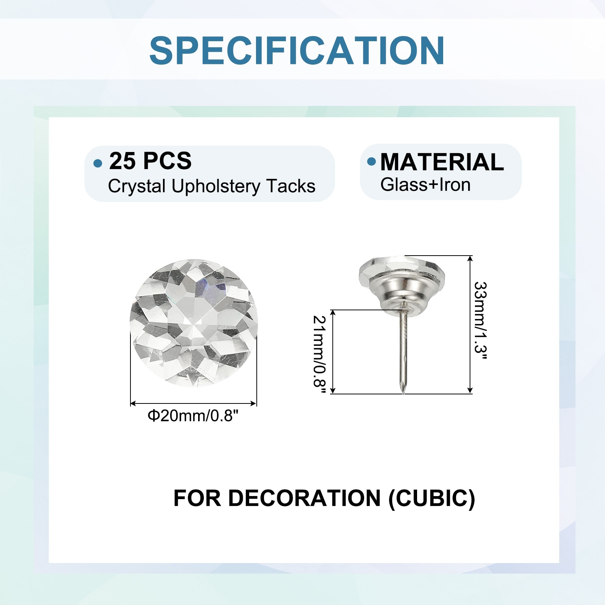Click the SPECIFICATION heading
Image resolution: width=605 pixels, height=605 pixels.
pos(297,51)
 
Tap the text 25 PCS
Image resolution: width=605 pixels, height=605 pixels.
pos(150,161)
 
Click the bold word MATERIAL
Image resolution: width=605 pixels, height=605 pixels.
pos(442,162)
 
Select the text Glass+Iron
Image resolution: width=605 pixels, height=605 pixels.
pos(425,185)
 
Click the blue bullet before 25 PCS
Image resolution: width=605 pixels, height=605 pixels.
pos(98,163)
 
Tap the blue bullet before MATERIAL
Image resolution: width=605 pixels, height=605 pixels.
pos(372,161)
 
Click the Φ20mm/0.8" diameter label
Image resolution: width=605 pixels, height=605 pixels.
pos(193,416)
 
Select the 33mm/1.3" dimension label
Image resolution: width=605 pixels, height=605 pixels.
pos(480,321)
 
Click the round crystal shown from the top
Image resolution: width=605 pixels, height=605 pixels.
pos(194,323)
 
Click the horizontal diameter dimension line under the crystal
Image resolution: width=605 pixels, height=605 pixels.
pos(193,403)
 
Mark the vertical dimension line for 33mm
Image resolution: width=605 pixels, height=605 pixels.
pos(470,324)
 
